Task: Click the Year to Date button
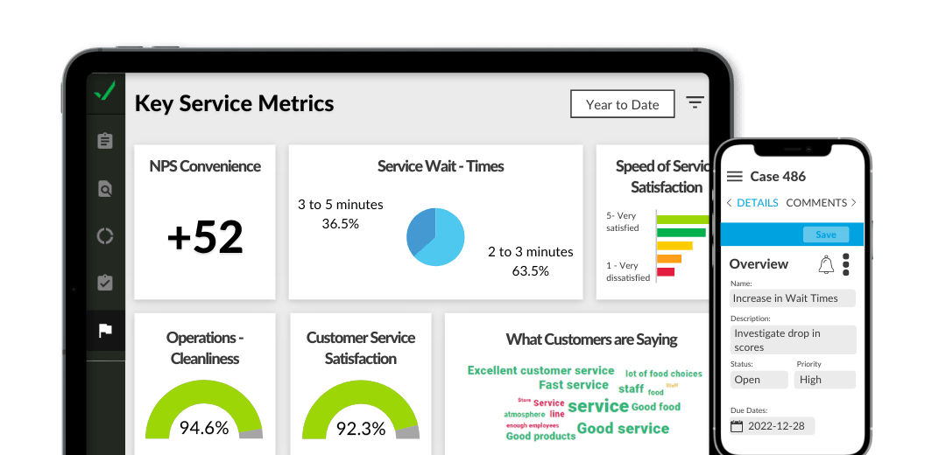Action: coord(622,104)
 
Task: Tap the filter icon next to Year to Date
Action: coord(695,103)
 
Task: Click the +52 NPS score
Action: coord(205,237)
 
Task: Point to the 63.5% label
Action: coord(530,271)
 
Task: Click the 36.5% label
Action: coord(340,224)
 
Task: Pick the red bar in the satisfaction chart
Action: coord(666,272)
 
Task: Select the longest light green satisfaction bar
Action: coord(682,219)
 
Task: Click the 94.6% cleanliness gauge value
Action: coord(203,428)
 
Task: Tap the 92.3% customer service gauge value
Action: coord(361,428)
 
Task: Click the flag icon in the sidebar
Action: coord(105,331)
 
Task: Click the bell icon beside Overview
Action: coord(825,264)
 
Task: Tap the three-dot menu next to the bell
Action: coord(845,264)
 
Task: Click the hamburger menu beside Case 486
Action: coord(734,177)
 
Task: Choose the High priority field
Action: coord(824,380)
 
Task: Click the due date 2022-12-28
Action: coord(772,426)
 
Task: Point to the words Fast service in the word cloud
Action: coord(573,385)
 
